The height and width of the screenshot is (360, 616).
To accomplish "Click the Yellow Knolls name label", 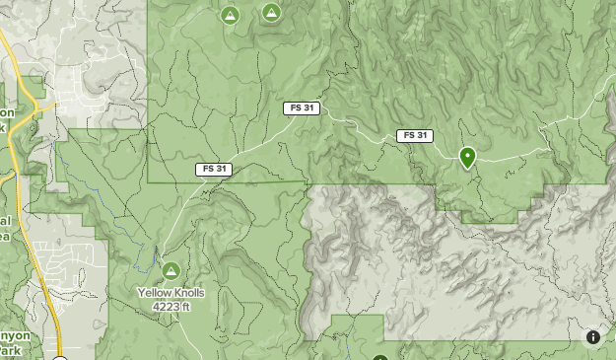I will [x=170, y=293].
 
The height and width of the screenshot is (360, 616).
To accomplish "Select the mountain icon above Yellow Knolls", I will [x=170, y=270].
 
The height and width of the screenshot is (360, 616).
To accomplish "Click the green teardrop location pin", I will [x=467, y=156].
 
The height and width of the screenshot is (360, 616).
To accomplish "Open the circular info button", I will [x=593, y=337].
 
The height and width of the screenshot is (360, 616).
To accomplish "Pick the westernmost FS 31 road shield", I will [x=215, y=169].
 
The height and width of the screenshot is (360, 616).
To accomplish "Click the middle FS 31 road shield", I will [x=304, y=108].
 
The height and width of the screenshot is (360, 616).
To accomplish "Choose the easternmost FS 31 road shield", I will [x=415, y=135].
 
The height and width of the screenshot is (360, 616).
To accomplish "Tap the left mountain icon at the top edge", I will [x=230, y=15].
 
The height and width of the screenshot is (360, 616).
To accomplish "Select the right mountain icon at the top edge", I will [x=271, y=12].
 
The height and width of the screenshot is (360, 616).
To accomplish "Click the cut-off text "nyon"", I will [x=16, y=336].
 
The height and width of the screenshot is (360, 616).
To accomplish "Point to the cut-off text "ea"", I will [x=5, y=236].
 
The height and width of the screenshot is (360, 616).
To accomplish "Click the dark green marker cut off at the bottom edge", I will [x=380, y=357].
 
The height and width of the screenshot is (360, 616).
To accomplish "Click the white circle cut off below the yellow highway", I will [x=60, y=357].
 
